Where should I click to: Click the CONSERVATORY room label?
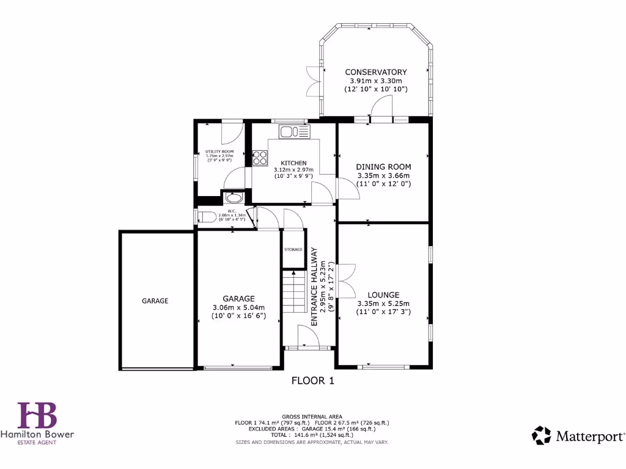(x=375, y=72)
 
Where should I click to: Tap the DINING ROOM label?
(x=383, y=167)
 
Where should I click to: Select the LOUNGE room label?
(x=383, y=294)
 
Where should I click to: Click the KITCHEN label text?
(x=293, y=162)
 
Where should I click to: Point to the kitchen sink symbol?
(x=295, y=131)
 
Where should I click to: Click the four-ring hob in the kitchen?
(x=260, y=158)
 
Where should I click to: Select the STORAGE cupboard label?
(x=293, y=249)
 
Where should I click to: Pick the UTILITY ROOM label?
(x=219, y=151)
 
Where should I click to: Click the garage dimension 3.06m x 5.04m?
(x=238, y=307)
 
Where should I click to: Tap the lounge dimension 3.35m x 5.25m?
(x=383, y=304)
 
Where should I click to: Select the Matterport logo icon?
(x=542, y=435)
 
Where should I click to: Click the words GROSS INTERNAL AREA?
(x=312, y=416)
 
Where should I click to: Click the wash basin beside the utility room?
(x=233, y=198)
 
